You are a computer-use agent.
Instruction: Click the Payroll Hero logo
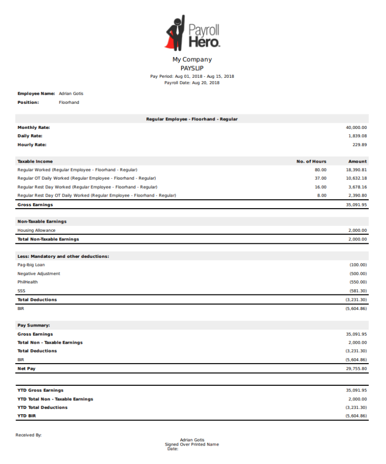[192, 33]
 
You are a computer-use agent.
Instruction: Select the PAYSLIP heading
[192, 68]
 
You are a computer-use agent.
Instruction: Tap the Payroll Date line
[192, 83]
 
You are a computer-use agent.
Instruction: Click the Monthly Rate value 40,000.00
[356, 127]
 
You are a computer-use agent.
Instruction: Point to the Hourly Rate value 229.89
[359, 144]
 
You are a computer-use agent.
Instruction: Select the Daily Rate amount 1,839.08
[357, 136]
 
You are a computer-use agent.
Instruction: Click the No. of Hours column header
[311, 162]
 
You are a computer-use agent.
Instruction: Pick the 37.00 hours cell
[320, 178]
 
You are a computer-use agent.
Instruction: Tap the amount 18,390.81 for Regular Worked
[356, 170]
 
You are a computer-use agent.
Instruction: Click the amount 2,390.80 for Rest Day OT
[357, 195]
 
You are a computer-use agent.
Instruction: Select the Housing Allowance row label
[37, 230]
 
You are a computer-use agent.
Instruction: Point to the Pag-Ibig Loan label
[31, 265]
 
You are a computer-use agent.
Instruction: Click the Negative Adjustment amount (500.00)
[358, 273]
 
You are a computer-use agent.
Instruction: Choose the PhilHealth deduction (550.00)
[358, 282]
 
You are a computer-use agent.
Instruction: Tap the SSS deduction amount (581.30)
[358, 291]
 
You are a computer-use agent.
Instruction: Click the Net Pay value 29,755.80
[356, 368]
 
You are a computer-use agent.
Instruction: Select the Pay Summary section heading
[34, 325]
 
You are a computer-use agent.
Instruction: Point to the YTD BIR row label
[27, 416]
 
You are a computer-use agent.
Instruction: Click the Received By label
[29, 435]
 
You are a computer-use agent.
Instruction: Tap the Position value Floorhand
[69, 102]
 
